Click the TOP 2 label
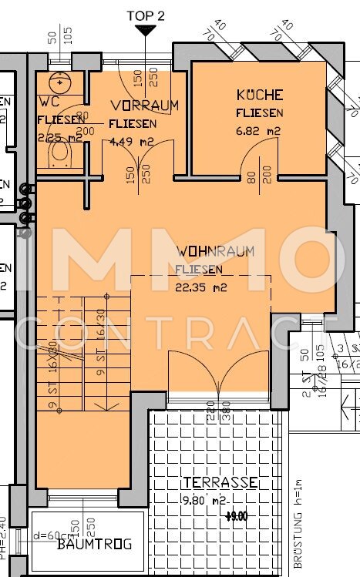pos(145,15)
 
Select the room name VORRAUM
pos(144,105)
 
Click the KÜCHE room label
pos(260,95)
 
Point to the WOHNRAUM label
pos(215,251)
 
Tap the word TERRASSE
pos(220,482)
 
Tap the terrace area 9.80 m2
pos(205,500)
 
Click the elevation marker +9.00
pos(236,516)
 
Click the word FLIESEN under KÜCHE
pos(260,112)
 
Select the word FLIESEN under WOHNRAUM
pos(199,270)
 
